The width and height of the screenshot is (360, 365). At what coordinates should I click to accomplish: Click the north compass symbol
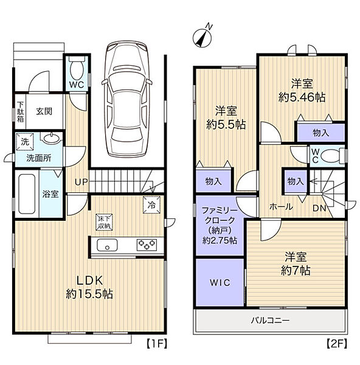pyautogui.click(x=202, y=36)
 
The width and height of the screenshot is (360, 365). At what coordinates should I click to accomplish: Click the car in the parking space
pyautogui.click(x=127, y=99)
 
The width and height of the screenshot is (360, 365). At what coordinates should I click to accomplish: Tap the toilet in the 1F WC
pyautogui.click(x=77, y=68)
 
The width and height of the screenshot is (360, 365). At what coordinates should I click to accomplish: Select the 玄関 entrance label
pyautogui.click(x=44, y=111)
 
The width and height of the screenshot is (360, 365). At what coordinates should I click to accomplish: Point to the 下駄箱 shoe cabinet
pyautogui.click(x=21, y=111)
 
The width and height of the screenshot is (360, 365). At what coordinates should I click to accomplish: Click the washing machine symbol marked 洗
pyautogui.click(x=25, y=142)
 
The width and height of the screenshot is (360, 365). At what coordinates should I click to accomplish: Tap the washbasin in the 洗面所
pyautogui.click(x=51, y=138)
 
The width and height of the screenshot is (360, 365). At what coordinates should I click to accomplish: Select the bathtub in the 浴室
pyautogui.click(x=27, y=194)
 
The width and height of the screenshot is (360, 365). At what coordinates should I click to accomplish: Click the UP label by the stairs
pyautogui.click(x=81, y=182)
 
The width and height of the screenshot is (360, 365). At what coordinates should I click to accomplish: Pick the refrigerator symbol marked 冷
pyautogui.click(x=152, y=205)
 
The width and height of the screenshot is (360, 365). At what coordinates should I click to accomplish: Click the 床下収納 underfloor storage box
pyautogui.click(x=104, y=222)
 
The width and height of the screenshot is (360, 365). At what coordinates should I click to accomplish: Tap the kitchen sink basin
pyautogui.click(x=107, y=245)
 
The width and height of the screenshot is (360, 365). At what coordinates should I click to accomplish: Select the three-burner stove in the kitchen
pyautogui.click(x=147, y=245)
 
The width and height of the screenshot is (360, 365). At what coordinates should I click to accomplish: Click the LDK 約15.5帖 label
pyautogui.click(x=89, y=287)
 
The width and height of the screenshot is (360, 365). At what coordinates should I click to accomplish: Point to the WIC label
pyautogui.click(x=220, y=283)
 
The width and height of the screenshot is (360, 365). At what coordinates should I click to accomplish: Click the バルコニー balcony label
pyautogui.click(x=270, y=321)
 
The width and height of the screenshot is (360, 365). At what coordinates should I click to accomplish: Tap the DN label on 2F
pyautogui.click(x=319, y=208)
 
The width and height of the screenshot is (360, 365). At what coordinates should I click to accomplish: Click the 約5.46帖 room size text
pyautogui.click(x=302, y=97)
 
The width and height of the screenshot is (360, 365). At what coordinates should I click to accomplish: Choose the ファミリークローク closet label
pyautogui.click(x=220, y=215)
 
